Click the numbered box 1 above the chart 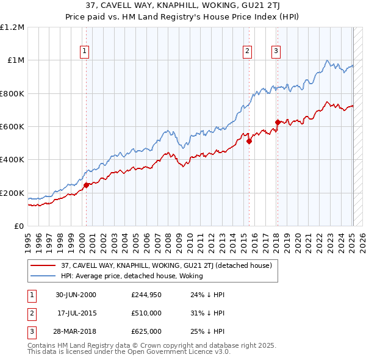[84, 51]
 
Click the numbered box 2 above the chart [248, 51]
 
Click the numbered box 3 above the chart [276, 51]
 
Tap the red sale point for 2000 [86, 185]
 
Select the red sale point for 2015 [249, 141]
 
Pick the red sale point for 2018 [278, 122]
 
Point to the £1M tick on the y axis [15, 60]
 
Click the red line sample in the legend [43, 265]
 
